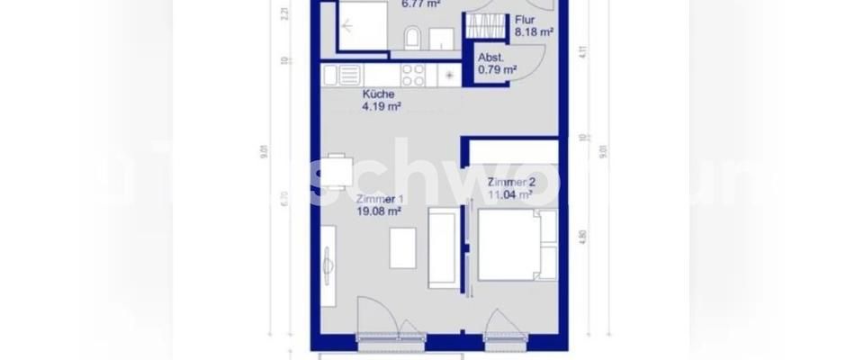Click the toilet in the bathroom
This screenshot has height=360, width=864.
coord(412,38)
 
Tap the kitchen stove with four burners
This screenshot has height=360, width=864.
coord(413,75)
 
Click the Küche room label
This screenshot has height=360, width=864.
coord(378,94)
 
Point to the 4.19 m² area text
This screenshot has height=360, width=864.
coord(381,106)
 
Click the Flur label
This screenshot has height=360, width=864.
coord(526,20)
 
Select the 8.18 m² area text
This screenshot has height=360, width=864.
coord(533,31)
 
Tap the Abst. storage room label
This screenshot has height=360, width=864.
coord(490,57)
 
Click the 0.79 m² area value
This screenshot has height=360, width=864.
coord(497,68)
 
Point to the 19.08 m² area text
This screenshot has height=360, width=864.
coord(378,212)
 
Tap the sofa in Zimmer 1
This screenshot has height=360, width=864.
coord(442,248)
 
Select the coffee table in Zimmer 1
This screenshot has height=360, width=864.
coord(402,247)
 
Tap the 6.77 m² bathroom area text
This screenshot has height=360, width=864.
coord(420,4)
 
